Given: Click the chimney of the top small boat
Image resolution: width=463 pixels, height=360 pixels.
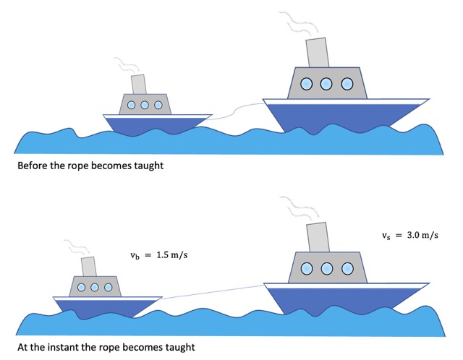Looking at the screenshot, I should [x=138, y=83].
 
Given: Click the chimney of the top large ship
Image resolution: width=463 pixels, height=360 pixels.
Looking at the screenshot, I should [x=317, y=51].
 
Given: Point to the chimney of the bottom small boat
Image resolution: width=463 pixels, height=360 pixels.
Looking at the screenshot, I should [x=89, y=266].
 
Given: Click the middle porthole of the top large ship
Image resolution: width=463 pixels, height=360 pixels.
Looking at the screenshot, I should [x=326, y=85].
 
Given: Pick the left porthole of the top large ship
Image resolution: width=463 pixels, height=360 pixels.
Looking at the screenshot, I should [x=307, y=85].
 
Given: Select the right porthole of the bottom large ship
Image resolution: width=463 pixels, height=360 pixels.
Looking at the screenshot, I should [x=347, y=269].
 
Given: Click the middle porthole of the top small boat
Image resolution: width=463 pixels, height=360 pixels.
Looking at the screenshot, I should [x=145, y=105].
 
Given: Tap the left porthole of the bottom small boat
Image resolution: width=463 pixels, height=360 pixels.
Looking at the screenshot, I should [x=81, y=288].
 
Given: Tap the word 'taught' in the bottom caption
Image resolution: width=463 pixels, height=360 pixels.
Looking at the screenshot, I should [x=178, y=347].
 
